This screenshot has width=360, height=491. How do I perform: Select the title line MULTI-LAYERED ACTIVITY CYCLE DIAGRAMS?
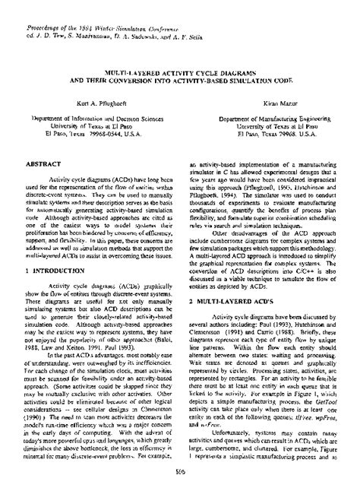[x=180, y=68]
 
